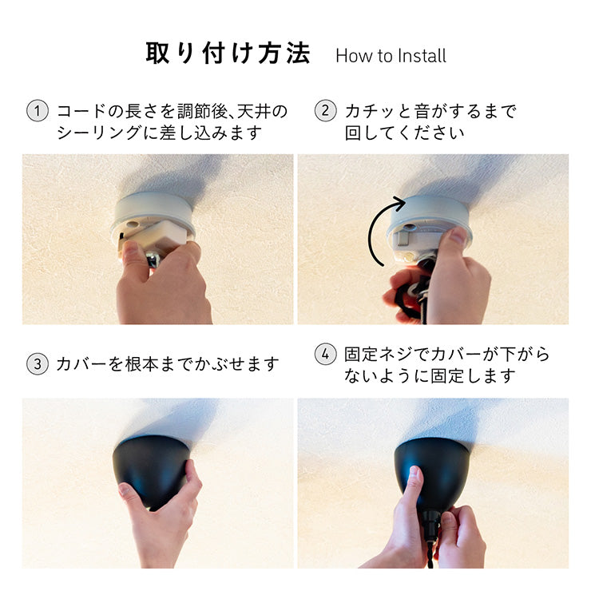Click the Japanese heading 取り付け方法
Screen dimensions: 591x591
228,54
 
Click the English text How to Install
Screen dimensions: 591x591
391,56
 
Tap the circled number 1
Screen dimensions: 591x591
38,111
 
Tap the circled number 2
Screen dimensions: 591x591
325,111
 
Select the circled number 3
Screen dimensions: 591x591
38,364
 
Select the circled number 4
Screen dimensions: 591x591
325,355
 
